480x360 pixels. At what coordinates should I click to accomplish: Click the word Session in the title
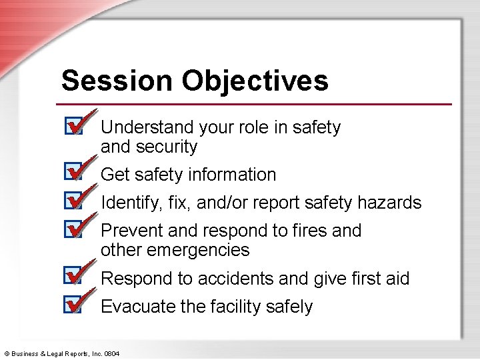117,81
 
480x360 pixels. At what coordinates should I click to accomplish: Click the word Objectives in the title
255,81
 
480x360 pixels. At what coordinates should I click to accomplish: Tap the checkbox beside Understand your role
73,126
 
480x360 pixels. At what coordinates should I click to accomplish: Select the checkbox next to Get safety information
73,173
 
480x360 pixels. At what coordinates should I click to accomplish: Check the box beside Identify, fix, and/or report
73,201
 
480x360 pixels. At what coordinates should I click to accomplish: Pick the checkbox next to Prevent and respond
73,229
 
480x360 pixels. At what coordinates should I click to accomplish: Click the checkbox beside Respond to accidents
73,276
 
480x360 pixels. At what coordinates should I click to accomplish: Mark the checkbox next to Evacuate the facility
73,305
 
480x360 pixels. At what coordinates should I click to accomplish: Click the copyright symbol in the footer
7,353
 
